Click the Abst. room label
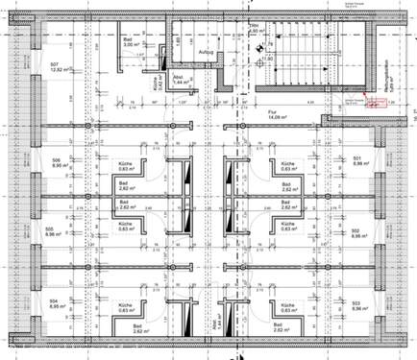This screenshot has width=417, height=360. tap(180, 76)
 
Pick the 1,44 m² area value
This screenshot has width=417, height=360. tap(180, 83)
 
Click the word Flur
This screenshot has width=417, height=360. tap(272, 111)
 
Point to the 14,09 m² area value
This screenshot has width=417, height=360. tap(277, 118)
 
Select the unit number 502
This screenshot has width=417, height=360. tap(355, 229)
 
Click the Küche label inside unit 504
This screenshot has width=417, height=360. tap(124, 304)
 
